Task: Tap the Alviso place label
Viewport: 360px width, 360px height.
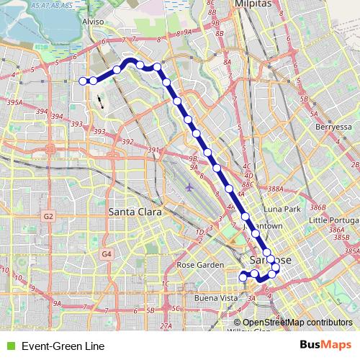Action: (x=94, y=22)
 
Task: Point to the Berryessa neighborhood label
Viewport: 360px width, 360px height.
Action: (x=333, y=126)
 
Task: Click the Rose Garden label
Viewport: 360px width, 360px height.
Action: (x=200, y=265)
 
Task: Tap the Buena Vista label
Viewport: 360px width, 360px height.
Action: (x=216, y=297)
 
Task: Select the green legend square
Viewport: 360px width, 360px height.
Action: (x=9, y=346)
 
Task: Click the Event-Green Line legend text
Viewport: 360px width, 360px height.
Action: (x=63, y=346)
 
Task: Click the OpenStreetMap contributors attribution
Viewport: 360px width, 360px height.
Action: (x=297, y=322)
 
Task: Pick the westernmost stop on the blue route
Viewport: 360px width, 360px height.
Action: (x=83, y=81)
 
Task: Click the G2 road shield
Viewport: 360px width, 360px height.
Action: (x=48, y=215)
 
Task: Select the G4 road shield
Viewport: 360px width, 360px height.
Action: (x=107, y=253)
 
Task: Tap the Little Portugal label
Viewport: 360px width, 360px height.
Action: (x=333, y=219)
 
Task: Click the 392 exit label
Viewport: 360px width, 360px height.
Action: (x=127, y=142)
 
